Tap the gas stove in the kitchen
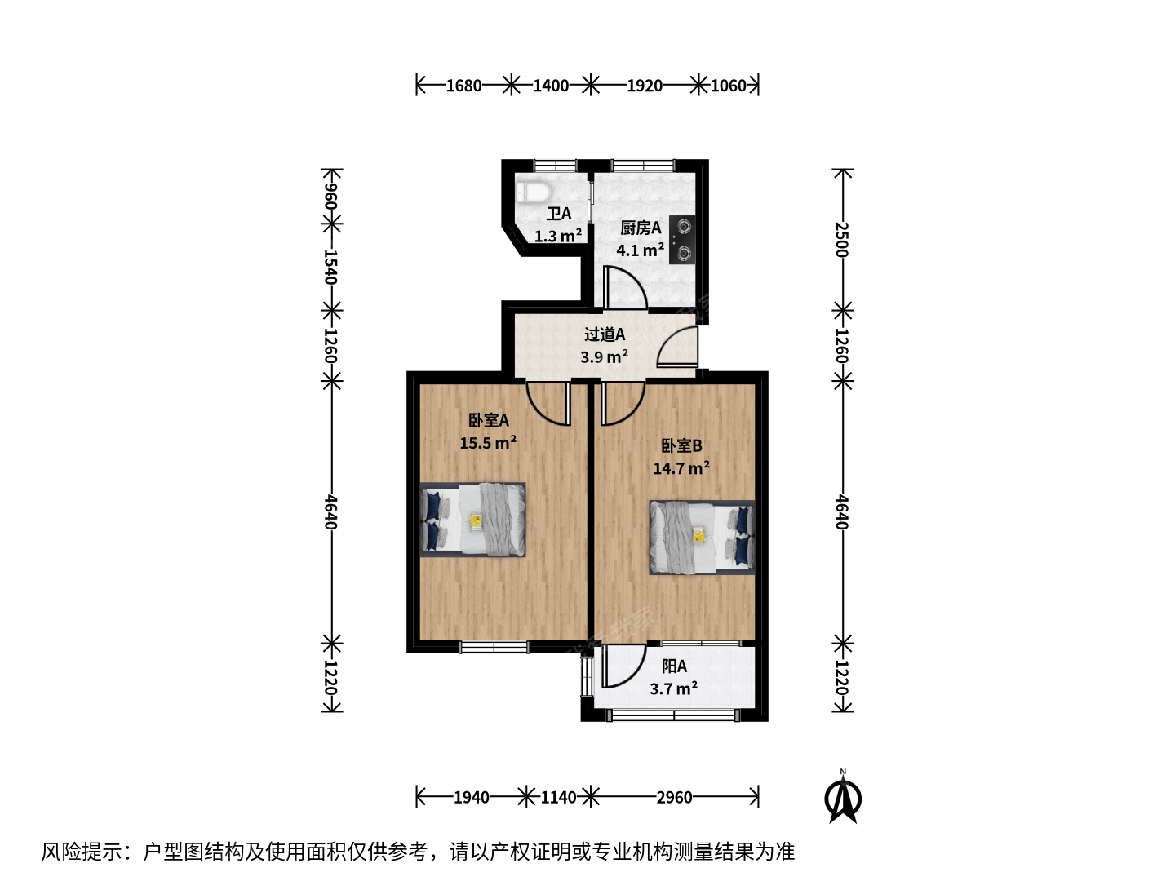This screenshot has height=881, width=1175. pyautogui.click(x=682, y=240)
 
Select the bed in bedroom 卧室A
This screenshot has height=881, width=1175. pyautogui.click(x=472, y=520)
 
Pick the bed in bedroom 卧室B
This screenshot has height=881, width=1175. pyautogui.click(x=702, y=538)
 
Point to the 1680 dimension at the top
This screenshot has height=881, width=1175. pyautogui.click(x=463, y=86)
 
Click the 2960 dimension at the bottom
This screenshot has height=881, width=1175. pyautogui.click(x=674, y=798)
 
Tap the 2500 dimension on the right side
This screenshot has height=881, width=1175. pyautogui.click(x=843, y=239)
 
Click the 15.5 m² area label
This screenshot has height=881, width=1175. pyautogui.click(x=488, y=442)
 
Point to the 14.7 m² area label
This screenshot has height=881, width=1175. pyautogui.click(x=681, y=467)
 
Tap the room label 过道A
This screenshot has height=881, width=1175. pyautogui.click(x=605, y=334)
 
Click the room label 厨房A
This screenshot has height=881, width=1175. pyautogui.click(x=641, y=228)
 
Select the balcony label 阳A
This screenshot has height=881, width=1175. pyautogui.click(x=674, y=666)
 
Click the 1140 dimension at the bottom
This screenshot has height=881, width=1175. pyautogui.click(x=558, y=798)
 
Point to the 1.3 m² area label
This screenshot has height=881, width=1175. pyautogui.click(x=558, y=236)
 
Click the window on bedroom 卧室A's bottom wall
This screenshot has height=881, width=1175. pyautogui.click(x=494, y=647)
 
